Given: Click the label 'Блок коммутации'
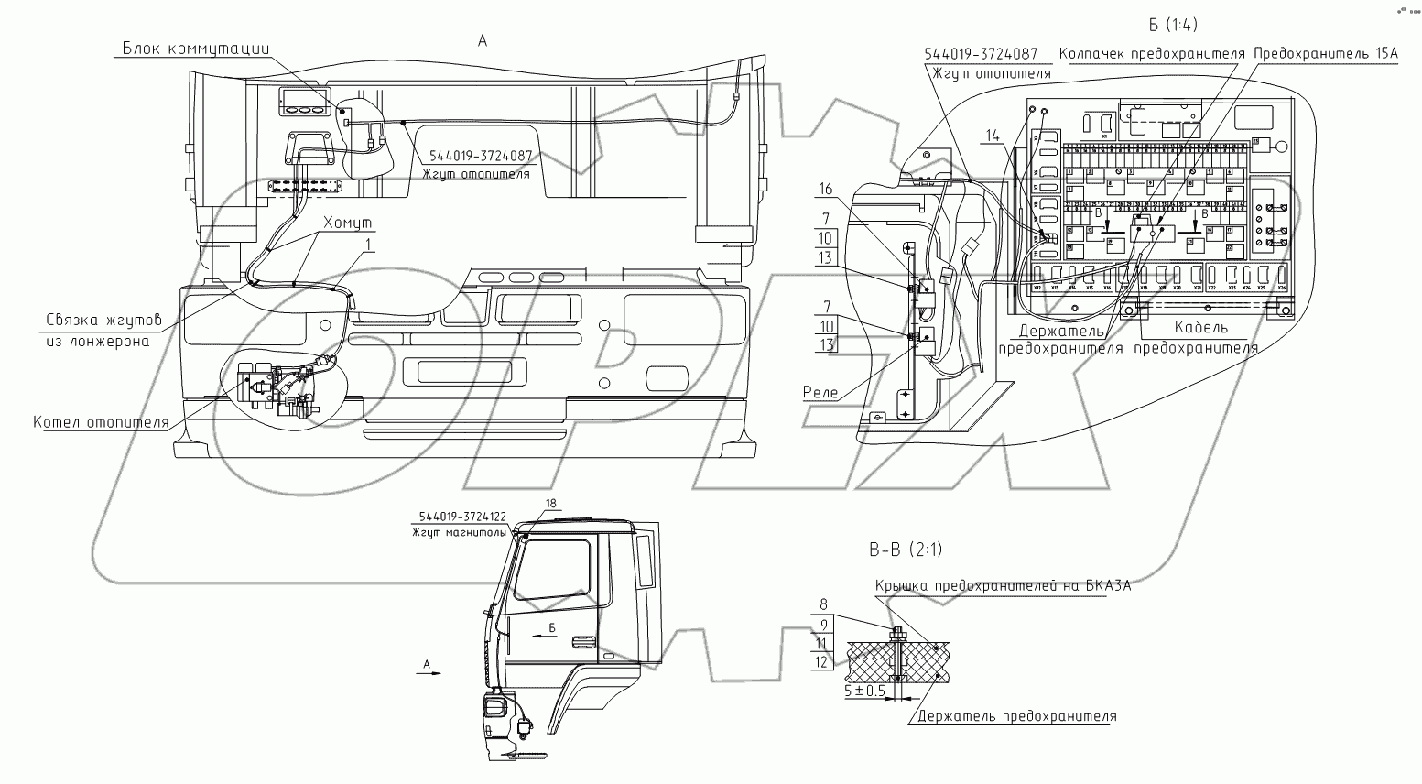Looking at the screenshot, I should [x=196, y=49].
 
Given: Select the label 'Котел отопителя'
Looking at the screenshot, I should [x=102, y=422].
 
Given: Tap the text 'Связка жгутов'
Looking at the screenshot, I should [x=103, y=320].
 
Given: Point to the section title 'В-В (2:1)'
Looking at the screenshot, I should [x=905, y=550].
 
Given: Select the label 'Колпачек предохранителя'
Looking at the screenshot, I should [x=1151, y=53].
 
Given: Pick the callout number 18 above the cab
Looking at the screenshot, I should [x=550, y=504].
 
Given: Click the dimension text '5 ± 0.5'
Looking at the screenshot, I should [x=864, y=691].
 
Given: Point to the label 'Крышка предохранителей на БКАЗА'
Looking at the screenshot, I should [x=1003, y=586].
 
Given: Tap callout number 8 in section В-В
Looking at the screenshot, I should [x=823, y=604].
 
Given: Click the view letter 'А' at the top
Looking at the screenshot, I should [x=483, y=39].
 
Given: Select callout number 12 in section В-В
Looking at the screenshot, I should [x=821, y=661].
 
